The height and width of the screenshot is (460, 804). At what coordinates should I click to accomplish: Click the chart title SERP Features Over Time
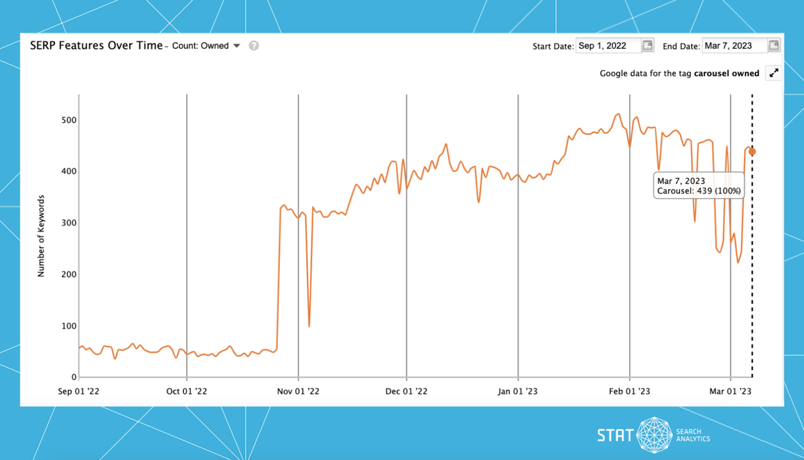tap(96, 46)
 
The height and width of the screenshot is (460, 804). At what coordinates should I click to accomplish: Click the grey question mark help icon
tap(254, 46)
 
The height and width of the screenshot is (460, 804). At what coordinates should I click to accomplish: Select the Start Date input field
tap(608, 46)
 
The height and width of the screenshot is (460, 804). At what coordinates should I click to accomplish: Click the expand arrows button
tap(774, 73)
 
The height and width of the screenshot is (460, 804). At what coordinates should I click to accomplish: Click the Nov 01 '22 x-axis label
tap(298, 392)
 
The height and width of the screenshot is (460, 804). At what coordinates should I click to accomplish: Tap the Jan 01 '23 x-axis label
tap(518, 392)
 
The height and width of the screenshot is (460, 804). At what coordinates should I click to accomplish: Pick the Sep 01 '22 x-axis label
tap(78, 392)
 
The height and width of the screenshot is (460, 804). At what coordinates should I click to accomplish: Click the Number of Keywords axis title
tap(41, 236)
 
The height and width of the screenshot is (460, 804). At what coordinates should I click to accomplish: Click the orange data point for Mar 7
tap(752, 151)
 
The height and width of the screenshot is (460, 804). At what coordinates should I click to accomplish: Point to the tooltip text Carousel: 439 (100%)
tap(699, 191)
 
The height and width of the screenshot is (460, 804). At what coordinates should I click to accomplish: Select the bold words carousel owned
tap(726, 73)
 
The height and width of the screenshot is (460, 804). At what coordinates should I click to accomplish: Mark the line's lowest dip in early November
tap(309, 326)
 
